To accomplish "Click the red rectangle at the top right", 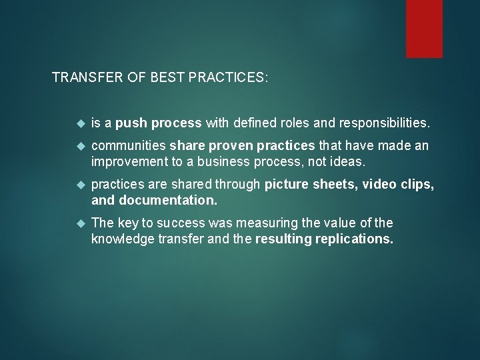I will [x=424, y=28].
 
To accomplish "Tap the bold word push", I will [x=132, y=123].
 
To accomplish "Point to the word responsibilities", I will [x=385, y=123].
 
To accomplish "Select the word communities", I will [x=129, y=146].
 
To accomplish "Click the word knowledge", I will [x=123, y=239].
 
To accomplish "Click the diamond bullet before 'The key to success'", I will [x=81, y=223].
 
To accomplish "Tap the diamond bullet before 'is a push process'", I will [x=81, y=123].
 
